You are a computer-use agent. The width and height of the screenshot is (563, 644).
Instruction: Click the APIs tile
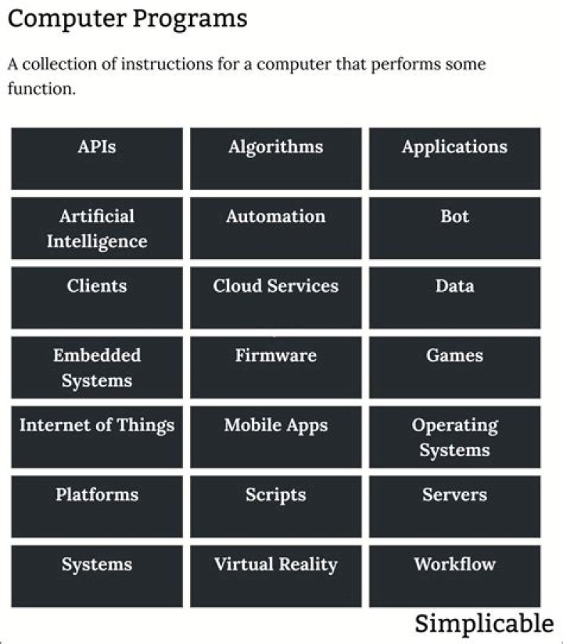pyautogui.click(x=97, y=158)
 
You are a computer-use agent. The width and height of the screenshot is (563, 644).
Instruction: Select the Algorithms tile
pyautogui.click(x=275, y=158)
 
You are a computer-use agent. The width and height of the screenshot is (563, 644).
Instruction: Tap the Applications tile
pyautogui.click(x=454, y=158)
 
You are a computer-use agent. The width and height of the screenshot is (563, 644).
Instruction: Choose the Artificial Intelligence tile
pyautogui.click(x=97, y=228)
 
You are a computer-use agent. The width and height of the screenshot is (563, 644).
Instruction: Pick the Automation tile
pyautogui.click(x=275, y=228)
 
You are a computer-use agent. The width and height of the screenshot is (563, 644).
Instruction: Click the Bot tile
pyautogui.click(x=454, y=228)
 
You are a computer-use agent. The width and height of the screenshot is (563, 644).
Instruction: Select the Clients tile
pyautogui.click(x=97, y=297)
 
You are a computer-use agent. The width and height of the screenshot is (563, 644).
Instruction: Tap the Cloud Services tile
pyautogui.click(x=275, y=297)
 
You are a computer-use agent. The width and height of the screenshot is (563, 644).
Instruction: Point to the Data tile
pyautogui.click(x=454, y=297)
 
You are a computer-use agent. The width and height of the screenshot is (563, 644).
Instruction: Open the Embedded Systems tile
pyautogui.click(x=97, y=367)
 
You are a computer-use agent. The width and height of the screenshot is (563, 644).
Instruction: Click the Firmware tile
pyautogui.click(x=275, y=367)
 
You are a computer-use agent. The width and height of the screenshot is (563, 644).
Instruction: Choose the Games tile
pyautogui.click(x=454, y=367)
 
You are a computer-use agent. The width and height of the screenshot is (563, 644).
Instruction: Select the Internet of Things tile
pyautogui.click(x=97, y=437)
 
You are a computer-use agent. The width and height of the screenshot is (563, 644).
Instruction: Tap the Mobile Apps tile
pyautogui.click(x=275, y=437)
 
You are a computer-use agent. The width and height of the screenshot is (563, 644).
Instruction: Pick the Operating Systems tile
pyautogui.click(x=454, y=437)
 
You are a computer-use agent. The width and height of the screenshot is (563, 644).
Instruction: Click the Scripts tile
pyautogui.click(x=275, y=506)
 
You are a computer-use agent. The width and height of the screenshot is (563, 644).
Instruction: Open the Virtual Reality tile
pyautogui.click(x=275, y=576)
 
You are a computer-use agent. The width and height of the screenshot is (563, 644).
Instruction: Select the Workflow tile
pyautogui.click(x=454, y=576)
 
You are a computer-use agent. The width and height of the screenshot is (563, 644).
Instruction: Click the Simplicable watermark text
pyautogui.click(x=483, y=624)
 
